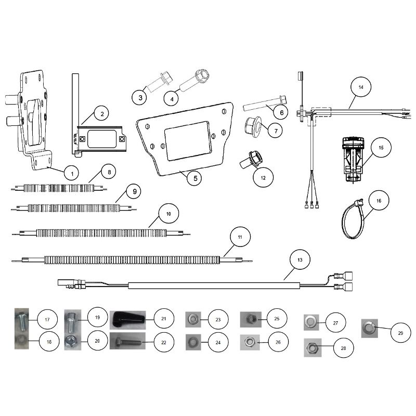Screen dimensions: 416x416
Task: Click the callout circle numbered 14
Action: (361, 87)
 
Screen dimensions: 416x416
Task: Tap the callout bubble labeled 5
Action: (196, 178)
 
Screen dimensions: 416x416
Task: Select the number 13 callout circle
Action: (300, 259)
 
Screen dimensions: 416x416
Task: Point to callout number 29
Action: (400, 333)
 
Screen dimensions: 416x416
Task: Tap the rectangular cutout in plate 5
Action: (187, 140)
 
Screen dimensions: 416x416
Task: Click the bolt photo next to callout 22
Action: (127, 341)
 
